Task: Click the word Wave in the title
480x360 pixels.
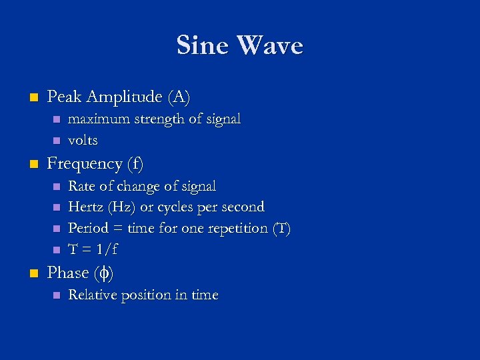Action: [x=269, y=46]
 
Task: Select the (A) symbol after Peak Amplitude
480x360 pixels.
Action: [x=179, y=97]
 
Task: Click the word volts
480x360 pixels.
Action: [x=83, y=141]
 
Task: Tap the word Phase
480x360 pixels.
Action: [x=68, y=273]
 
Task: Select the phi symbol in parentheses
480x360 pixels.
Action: [x=103, y=273]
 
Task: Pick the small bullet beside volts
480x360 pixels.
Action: [x=56, y=141]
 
